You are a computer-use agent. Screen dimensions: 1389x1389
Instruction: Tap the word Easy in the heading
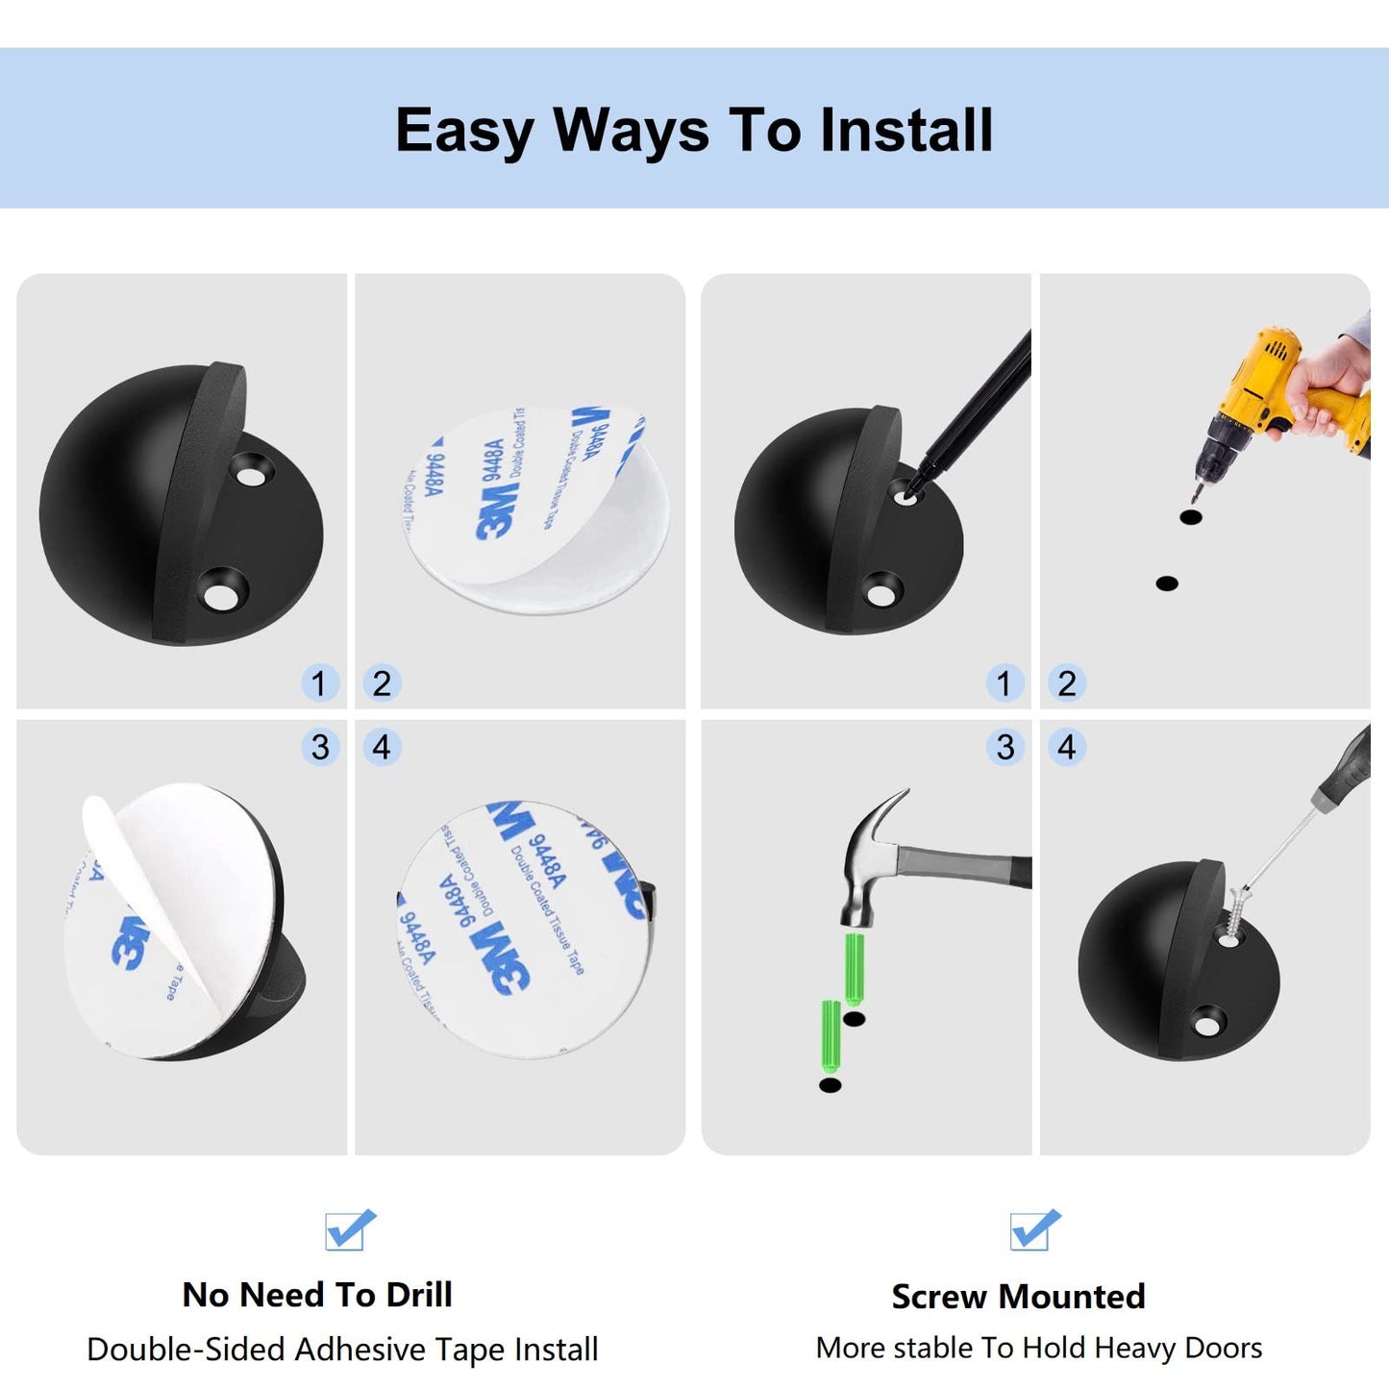coord(464,132)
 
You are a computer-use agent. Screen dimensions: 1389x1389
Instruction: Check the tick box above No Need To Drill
coord(348,1230)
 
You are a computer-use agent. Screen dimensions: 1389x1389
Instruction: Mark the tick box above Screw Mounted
coord(1033,1230)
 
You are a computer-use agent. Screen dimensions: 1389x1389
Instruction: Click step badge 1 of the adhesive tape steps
coord(319,683)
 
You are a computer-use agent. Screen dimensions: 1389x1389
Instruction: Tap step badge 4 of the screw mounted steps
coord(1067,747)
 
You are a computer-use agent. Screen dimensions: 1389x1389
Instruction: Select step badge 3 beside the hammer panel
coord(1005,747)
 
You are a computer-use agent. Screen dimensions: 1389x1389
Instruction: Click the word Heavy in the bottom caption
coord(1135,1349)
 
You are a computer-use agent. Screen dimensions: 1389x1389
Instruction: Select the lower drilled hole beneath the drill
coord(1167,583)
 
